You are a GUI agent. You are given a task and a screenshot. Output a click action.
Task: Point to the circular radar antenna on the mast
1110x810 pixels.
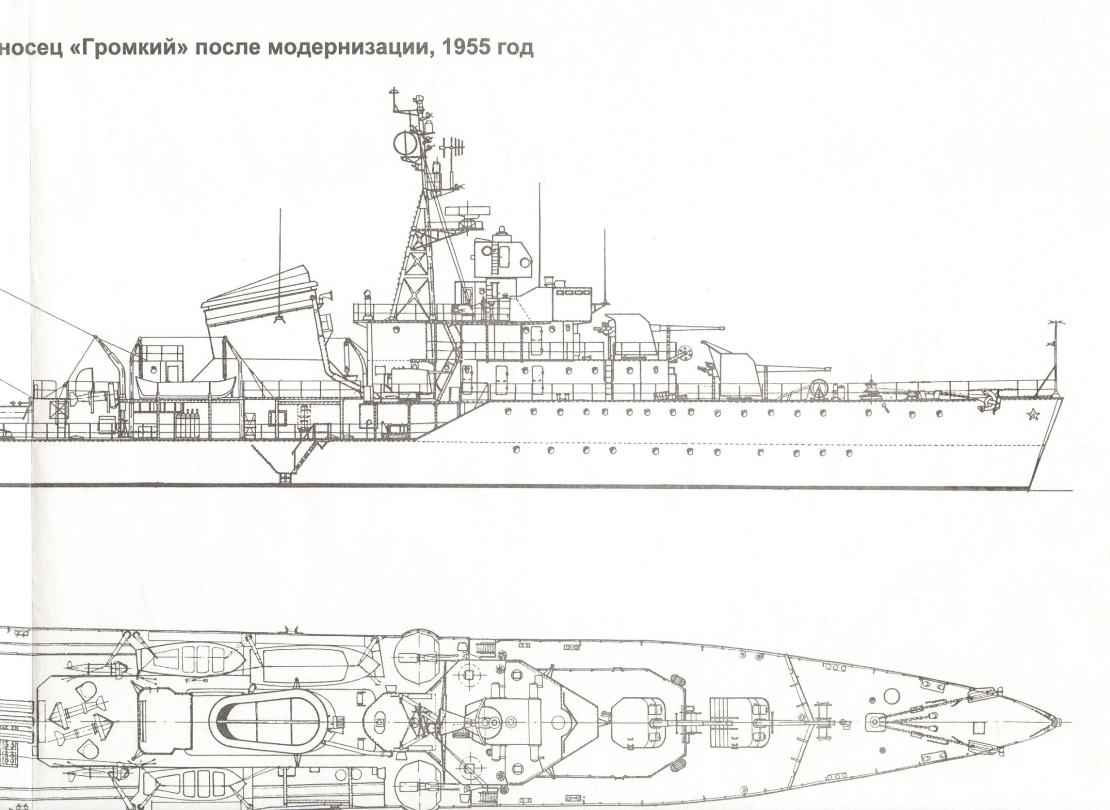tap(406, 143)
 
